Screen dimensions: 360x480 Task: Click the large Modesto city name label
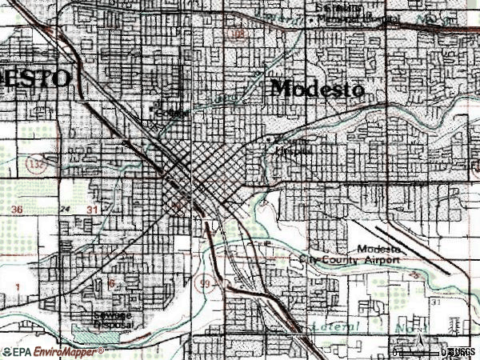point(318,88)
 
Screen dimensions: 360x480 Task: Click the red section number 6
point(113,282)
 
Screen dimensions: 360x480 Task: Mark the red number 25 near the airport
point(414,274)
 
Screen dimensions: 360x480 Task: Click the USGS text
point(462,352)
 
